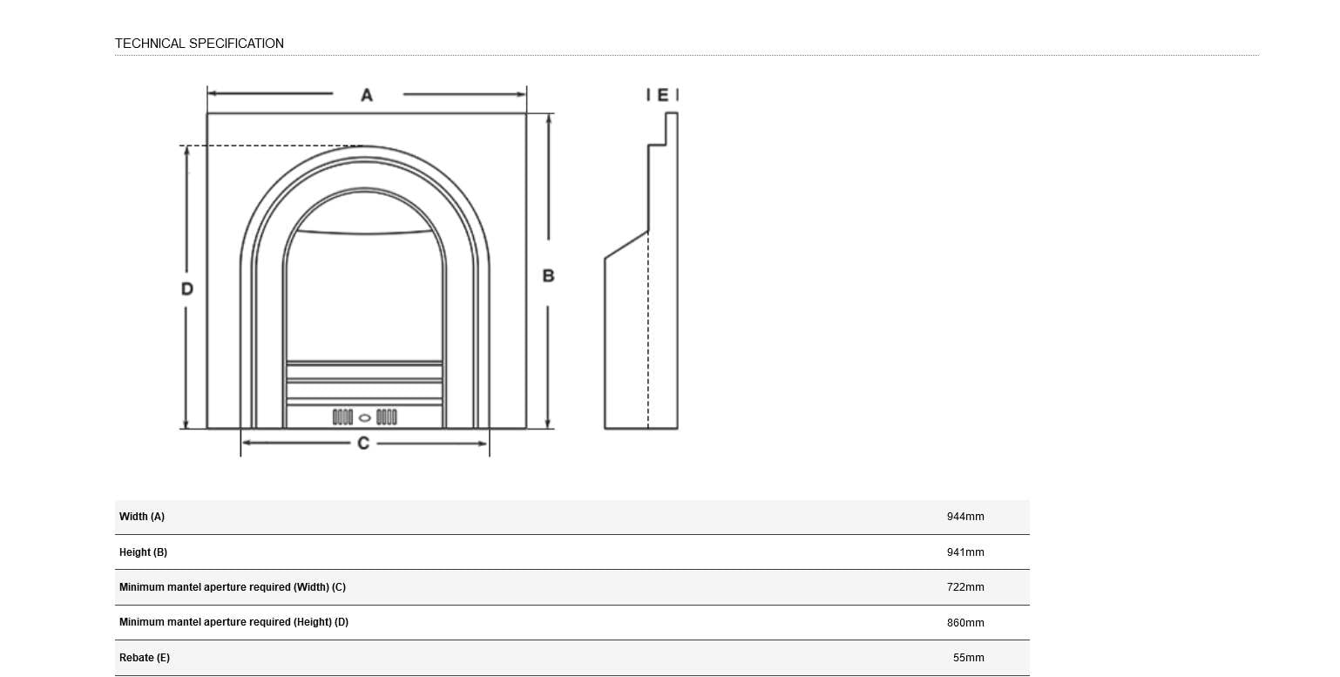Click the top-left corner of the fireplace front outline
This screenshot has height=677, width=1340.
point(207,113)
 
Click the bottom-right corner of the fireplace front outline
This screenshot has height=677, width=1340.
point(526,428)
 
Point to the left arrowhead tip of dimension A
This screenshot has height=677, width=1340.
point(208,93)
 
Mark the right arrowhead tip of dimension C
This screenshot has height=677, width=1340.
point(488,443)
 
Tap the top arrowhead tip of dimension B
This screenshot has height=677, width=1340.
point(549,114)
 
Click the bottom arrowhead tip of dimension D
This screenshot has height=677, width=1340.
point(186,428)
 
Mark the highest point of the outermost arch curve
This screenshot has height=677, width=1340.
point(364,146)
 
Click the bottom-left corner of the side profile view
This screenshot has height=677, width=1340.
point(605,428)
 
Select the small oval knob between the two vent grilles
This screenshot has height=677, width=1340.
point(364,418)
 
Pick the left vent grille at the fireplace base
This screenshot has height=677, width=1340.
point(342,416)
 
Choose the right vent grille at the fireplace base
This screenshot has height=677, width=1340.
point(387,416)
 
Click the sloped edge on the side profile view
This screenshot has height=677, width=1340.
point(626,245)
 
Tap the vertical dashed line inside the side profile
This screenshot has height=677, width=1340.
point(648,329)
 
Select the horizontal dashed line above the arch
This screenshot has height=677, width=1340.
point(271,146)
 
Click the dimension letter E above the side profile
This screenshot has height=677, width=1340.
point(663,95)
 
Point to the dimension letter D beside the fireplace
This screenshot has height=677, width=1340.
point(187,289)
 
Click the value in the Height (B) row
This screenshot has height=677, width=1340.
point(965,552)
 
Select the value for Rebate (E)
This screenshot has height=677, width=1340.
point(969,657)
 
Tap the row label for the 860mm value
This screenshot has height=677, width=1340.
point(233,622)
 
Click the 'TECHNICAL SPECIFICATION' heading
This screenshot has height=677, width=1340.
point(200,43)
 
